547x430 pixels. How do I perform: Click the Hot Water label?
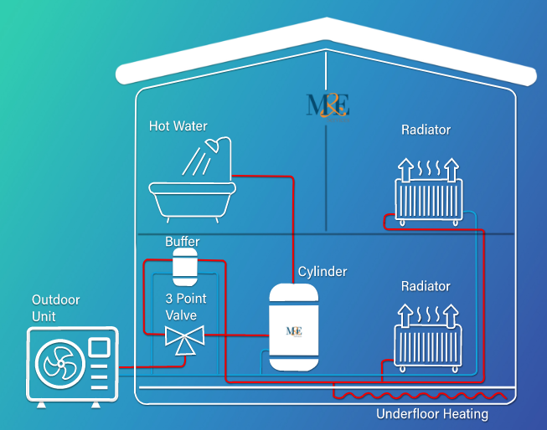pyautogui.click(x=178, y=126)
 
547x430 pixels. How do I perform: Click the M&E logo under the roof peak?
pyautogui.click(x=328, y=105)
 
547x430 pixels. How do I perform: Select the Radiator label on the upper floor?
pyautogui.click(x=426, y=130)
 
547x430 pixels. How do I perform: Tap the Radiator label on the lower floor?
pyautogui.click(x=426, y=286)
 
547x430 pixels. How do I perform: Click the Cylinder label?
pyautogui.click(x=323, y=272)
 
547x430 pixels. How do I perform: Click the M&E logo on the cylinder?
pyautogui.click(x=294, y=330)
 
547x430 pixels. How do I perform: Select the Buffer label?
pyautogui.click(x=182, y=242)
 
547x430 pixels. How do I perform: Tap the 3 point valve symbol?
pyautogui.click(x=184, y=340)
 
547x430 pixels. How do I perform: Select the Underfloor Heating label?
pyautogui.click(x=431, y=413)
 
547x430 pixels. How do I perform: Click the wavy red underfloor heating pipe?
pyautogui.click(x=410, y=396)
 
